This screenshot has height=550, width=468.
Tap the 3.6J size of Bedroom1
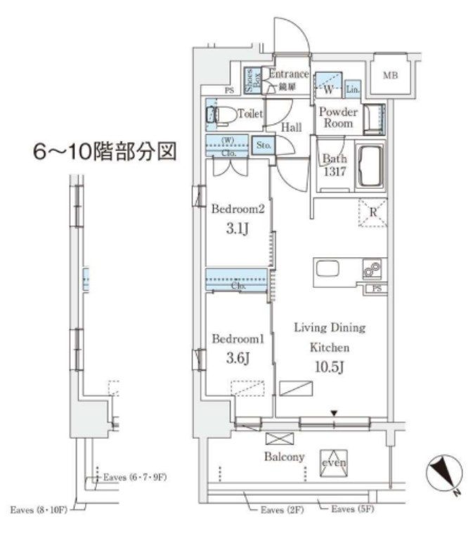click(x=237, y=357)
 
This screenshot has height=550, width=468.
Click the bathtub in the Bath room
click(x=369, y=166)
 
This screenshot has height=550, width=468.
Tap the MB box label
click(x=390, y=74)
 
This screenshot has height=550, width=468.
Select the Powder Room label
click(x=338, y=117)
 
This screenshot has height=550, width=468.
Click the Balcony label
click(x=285, y=457)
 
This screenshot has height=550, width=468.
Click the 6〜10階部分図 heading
click(x=105, y=152)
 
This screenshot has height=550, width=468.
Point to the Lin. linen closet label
click(x=353, y=89)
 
